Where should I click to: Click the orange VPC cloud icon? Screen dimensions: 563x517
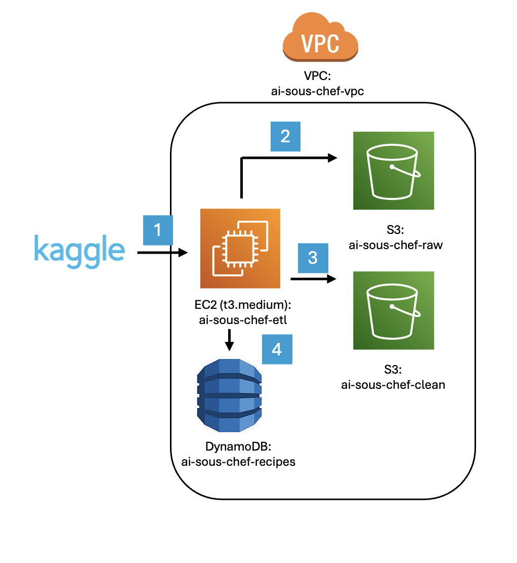[320, 43]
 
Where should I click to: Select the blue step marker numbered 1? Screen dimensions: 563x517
[157, 230]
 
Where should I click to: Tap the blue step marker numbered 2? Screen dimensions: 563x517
[285, 136]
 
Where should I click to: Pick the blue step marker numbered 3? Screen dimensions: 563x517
[313, 258]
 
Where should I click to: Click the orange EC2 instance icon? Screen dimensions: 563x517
[240, 248]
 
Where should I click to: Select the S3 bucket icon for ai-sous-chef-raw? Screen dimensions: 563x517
[394, 171]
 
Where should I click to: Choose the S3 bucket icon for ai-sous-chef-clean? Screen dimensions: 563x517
[394, 311]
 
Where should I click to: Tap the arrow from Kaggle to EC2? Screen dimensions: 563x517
[162, 252]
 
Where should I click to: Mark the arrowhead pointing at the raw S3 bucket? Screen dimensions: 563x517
[332, 158]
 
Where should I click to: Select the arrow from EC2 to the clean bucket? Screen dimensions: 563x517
[313, 279]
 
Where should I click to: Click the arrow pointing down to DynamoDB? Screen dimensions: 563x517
[229, 340]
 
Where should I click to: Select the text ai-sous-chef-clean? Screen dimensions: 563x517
[394, 384]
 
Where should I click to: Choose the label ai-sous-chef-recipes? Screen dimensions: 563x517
[238, 461]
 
